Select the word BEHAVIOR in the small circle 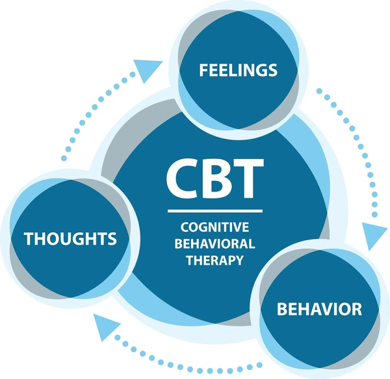tap(319, 308)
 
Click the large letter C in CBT tap(183, 178)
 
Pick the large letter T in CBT tap(247, 178)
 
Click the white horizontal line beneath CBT tap(214, 211)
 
